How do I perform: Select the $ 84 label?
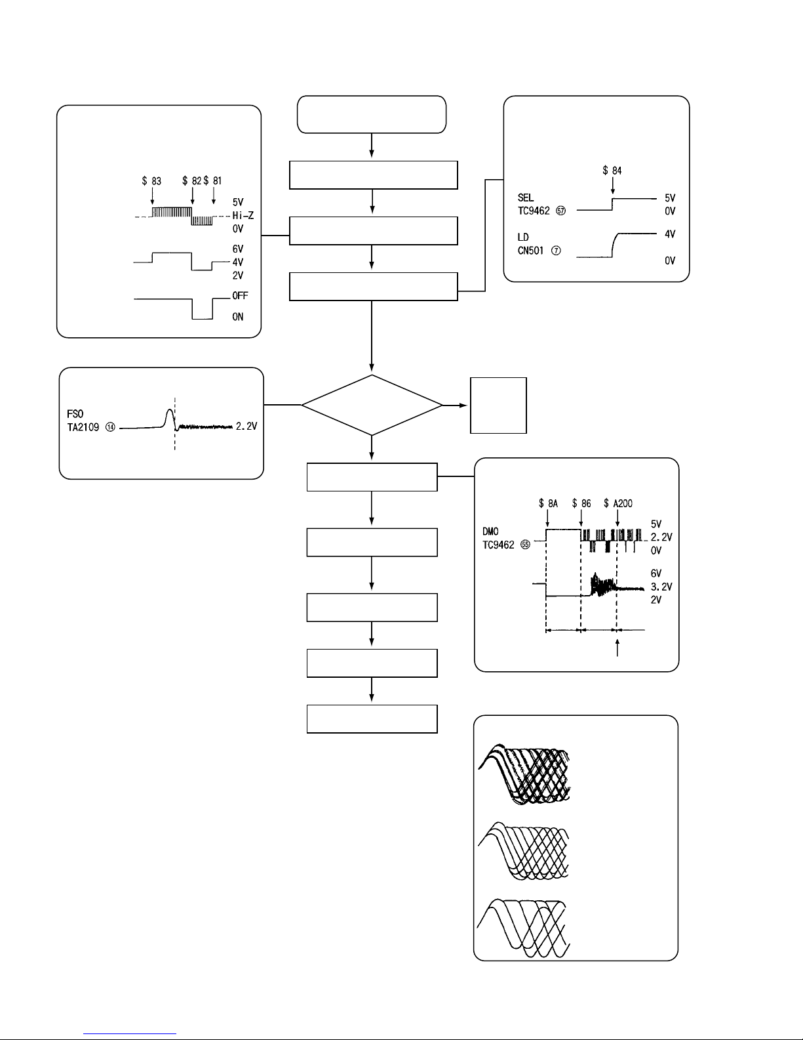click(612, 171)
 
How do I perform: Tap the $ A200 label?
click(618, 503)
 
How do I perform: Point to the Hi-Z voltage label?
click(243, 215)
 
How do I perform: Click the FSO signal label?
click(75, 414)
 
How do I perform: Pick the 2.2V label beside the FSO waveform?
click(246, 426)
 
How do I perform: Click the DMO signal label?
click(490, 531)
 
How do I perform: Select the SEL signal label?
click(526, 198)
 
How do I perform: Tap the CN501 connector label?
click(530, 251)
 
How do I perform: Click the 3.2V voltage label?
click(661, 587)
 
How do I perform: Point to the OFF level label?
click(240, 296)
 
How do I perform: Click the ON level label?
click(237, 317)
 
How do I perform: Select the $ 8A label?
click(548, 503)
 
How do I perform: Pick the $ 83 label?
click(151, 181)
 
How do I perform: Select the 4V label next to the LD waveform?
click(670, 234)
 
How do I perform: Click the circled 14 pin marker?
click(110, 427)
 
